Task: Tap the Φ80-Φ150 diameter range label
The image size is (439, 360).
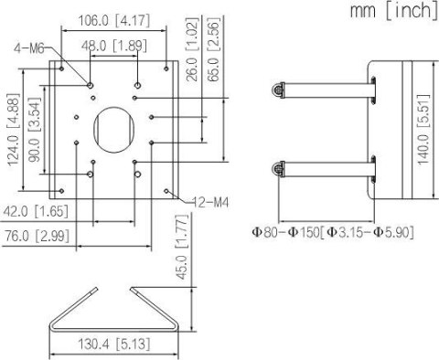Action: (333, 232)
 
